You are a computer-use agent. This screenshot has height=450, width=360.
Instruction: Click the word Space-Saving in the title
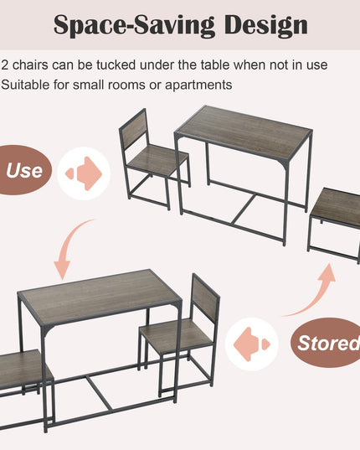134,25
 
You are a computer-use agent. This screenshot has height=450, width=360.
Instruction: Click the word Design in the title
265,25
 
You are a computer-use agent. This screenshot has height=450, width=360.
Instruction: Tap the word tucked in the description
116,65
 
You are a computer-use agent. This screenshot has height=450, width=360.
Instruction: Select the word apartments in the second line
198,85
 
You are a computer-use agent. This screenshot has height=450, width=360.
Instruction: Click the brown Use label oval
24,170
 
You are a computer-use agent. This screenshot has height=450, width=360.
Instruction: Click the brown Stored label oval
327,343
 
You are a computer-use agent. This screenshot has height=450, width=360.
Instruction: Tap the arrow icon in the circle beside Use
84,173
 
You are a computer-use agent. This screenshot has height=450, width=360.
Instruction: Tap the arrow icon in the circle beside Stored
252,344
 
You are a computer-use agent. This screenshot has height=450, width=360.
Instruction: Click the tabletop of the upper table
244,132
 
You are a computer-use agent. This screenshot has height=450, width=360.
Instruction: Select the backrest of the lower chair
206,297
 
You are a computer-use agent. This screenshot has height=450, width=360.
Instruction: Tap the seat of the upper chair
157,158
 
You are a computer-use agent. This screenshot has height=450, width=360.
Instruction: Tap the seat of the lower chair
177,334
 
